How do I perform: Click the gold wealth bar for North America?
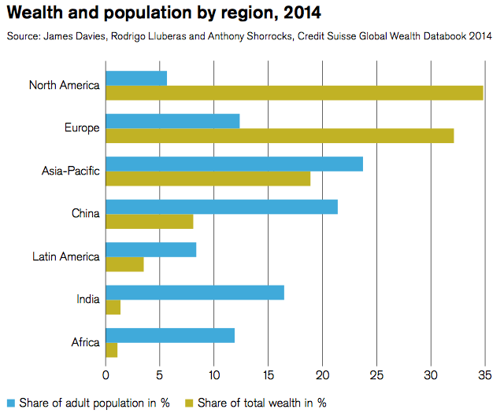click(294, 93)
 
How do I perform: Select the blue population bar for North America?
click(136, 78)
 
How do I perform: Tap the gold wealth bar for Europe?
click(280, 135)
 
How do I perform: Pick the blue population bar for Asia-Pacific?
click(234, 164)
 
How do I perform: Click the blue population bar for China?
click(221, 207)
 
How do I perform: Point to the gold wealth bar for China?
click(149, 222)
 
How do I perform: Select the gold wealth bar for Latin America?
click(124, 264)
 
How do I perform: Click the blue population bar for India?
click(195, 293)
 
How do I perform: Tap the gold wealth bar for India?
click(113, 308)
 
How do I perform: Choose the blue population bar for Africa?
click(170, 335)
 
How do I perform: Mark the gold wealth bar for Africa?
click(111, 350)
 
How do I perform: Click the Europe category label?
click(81, 128)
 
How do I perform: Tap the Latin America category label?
click(66, 256)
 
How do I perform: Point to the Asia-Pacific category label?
click(71, 171)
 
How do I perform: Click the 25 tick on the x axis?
click(376, 375)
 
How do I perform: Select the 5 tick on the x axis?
click(160, 375)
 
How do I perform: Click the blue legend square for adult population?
click(10, 403)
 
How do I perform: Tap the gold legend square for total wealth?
click(188, 403)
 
